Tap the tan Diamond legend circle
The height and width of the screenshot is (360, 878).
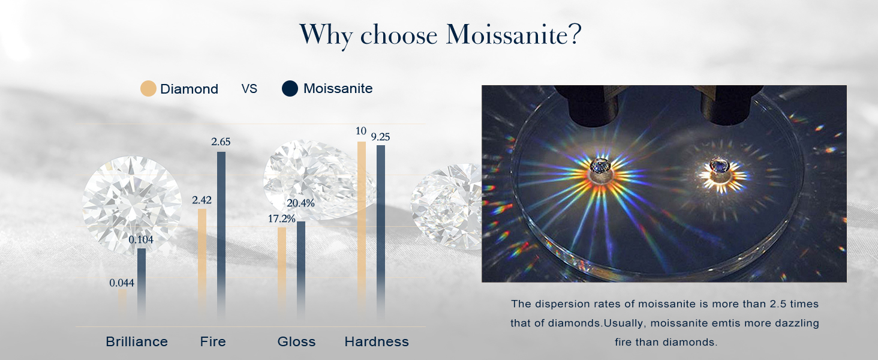pyautogui.click(x=148, y=89)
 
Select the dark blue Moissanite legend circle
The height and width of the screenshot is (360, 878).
pyautogui.click(x=290, y=89)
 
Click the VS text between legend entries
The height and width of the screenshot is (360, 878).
pyautogui.click(x=249, y=89)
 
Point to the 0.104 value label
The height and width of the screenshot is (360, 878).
pyautogui.click(x=141, y=239)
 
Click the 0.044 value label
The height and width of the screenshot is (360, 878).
pyautogui.click(x=122, y=283)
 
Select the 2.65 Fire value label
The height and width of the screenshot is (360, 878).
pyautogui.click(x=221, y=142)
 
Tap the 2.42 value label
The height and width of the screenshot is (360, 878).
pyautogui.click(x=202, y=200)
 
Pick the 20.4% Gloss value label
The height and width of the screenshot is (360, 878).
pyautogui.click(x=300, y=203)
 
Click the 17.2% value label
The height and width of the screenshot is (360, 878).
pyautogui.click(x=281, y=219)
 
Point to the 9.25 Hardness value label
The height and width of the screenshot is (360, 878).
pyautogui.click(x=380, y=137)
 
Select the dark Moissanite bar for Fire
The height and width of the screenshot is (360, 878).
pyautogui.click(x=221, y=235)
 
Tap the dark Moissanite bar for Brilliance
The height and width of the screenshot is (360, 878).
pyautogui.click(x=142, y=284)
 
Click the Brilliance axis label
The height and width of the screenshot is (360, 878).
pyautogui.click(x=137, y=341)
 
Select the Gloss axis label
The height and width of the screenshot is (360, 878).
pyautogui.click(x=296, y=341)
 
